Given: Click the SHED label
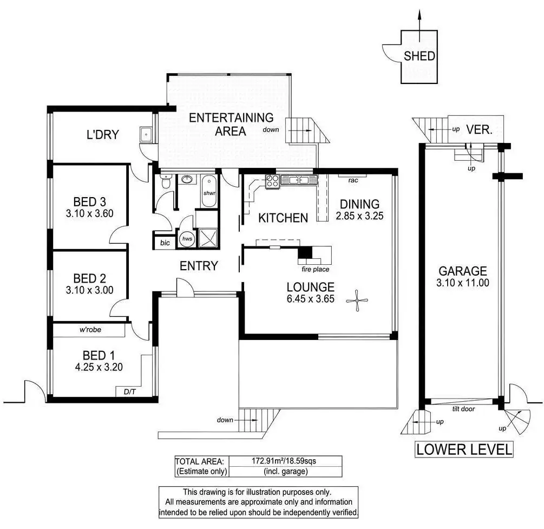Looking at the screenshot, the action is (420, 56).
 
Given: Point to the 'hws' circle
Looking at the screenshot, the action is (187, 238).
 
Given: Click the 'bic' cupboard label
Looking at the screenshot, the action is (165, 243).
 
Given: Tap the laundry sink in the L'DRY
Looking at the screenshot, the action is (145, 135).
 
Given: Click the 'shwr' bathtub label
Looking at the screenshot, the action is (209, 193).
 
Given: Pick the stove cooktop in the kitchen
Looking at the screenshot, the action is (272, 181).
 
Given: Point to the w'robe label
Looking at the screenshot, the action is (90, 329).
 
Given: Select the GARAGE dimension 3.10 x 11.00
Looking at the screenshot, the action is (463, 283).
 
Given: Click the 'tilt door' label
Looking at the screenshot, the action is (463, 409).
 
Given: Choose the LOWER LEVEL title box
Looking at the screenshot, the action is (463, 449).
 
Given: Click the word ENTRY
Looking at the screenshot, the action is (199, 266).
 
